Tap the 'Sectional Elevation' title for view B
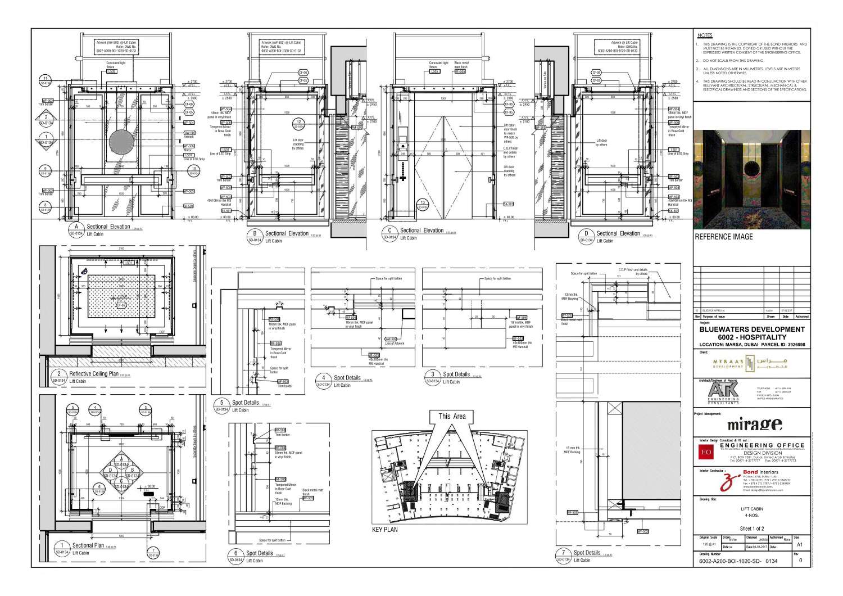tap(287, 233)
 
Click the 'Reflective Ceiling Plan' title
tap(94, 374)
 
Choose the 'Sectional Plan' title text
tap(88, 545)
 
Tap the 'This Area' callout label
tap(452, 416)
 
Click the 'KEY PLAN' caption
tap(385, 530)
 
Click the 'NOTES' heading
tap(705, 35)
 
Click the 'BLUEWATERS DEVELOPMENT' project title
tap(752, 329)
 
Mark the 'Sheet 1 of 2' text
tap(751, 529)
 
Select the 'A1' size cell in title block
tap(800, 545)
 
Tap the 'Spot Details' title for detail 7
tap(587, 553)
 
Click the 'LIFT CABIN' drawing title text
tap(751, 509)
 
